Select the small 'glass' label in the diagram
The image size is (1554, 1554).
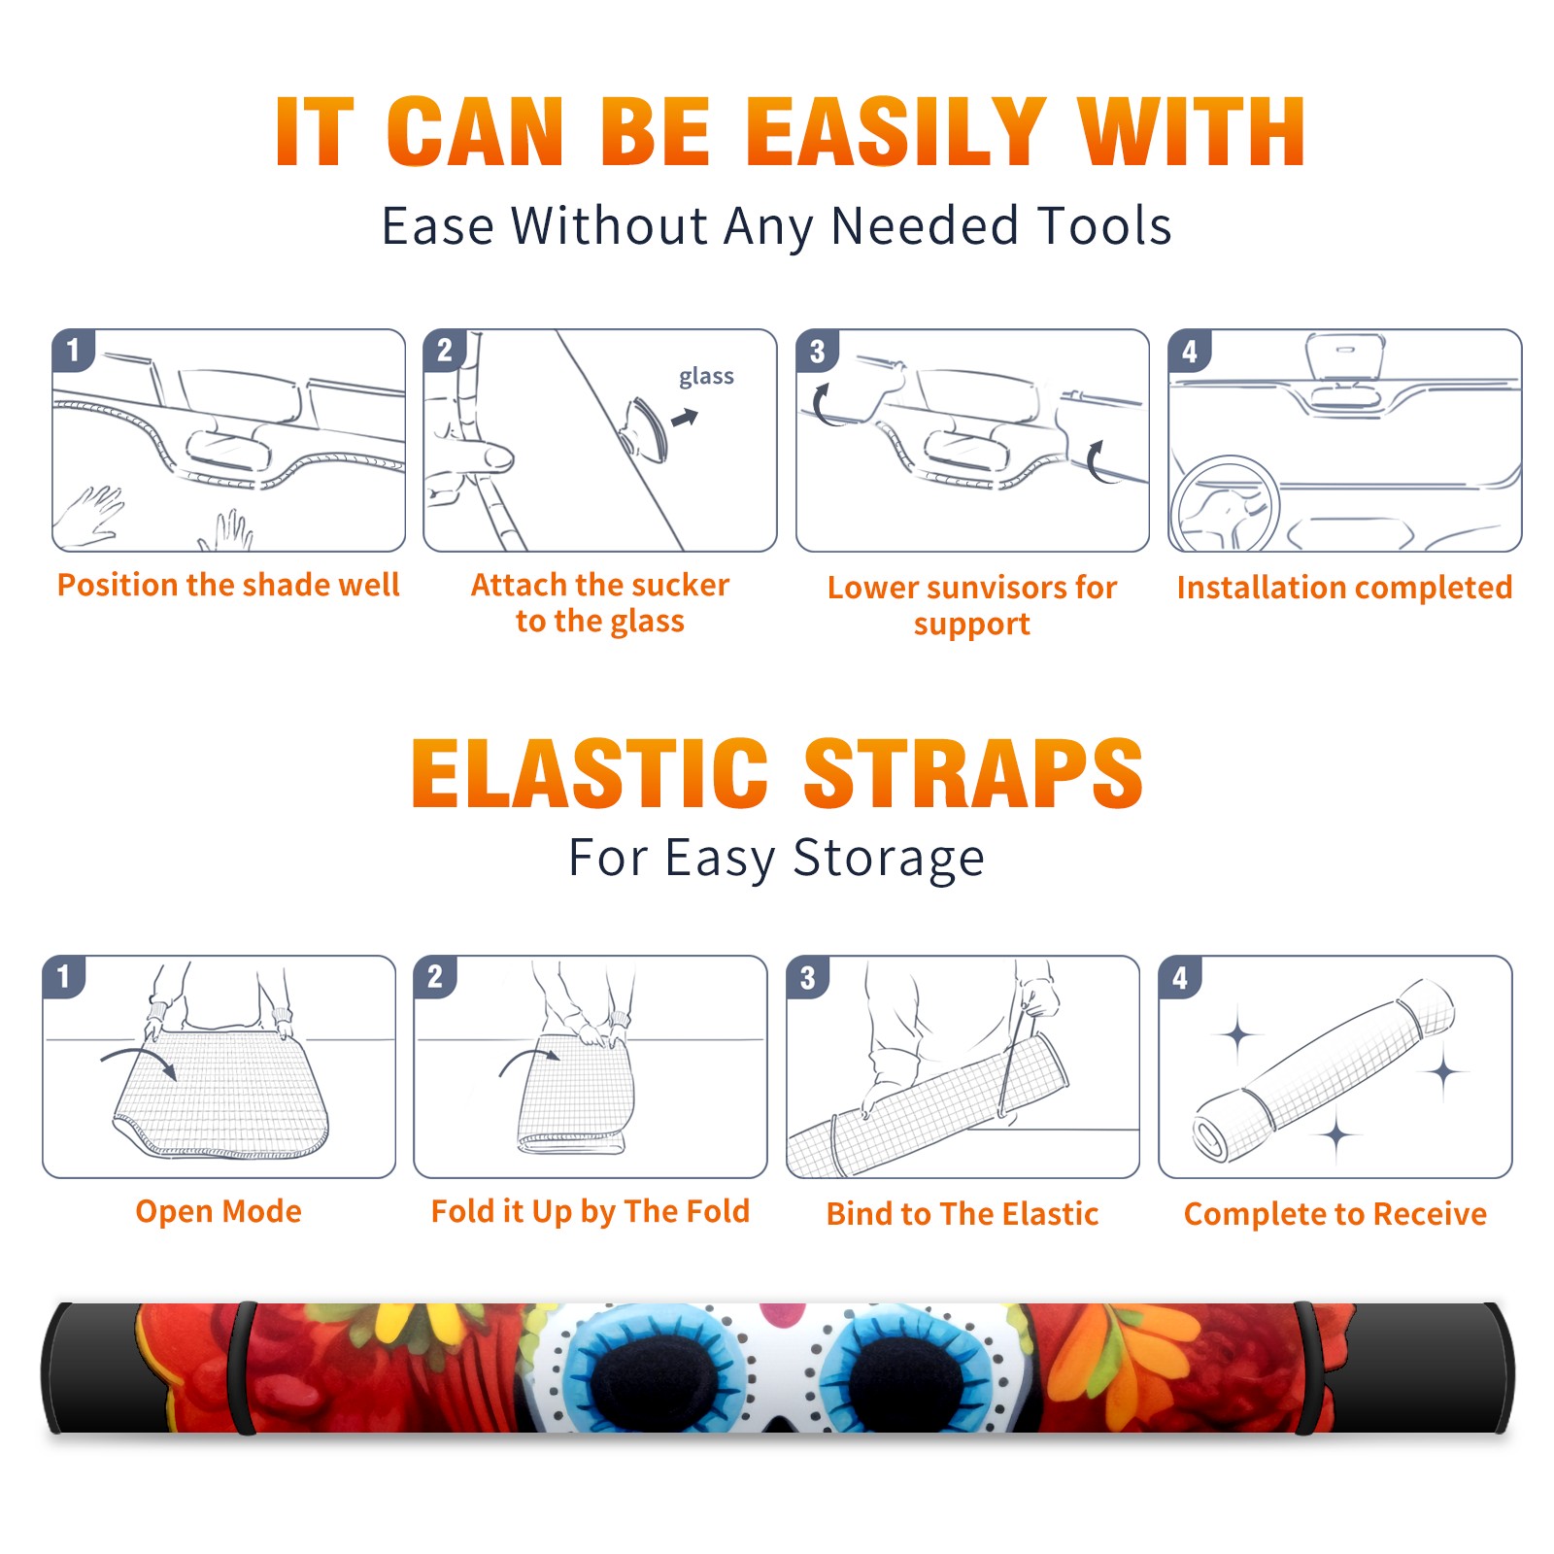(706, 377)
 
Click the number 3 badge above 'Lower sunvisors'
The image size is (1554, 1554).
(818, 351)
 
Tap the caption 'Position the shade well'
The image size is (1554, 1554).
(228, 585)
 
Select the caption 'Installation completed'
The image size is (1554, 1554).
(1344, 587)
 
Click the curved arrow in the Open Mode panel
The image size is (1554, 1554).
(138, 1059)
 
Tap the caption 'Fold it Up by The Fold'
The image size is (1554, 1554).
(591, 1211)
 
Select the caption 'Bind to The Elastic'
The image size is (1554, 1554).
(963, 1213)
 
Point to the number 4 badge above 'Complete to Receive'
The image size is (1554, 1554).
(1180, 977)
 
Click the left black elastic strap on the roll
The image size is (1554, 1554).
(244, 1368)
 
